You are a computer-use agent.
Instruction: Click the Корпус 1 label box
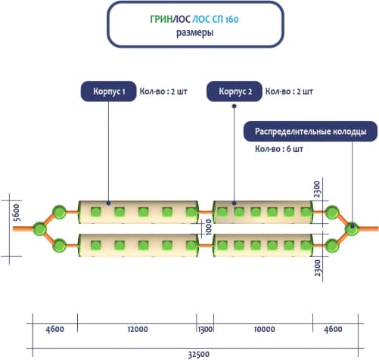click(x=108, y=92)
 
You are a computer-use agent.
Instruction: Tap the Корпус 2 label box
click(x=235, y=92)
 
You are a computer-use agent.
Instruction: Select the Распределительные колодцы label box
click(x=310, y=132)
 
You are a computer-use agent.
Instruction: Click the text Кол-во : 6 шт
click(x=279, y=149)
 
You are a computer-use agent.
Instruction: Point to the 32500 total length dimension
click(x=199, y=354)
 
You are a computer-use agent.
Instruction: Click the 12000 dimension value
click(x=138, y=329)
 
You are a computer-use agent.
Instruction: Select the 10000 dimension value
click(x=264, y=329)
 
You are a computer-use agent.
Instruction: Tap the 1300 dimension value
click(x=205, y=329)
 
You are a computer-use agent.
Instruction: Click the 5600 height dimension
click(x=17, y=213)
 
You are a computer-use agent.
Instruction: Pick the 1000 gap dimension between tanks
click(x=209, y=227)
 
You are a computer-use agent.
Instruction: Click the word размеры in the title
click(x=194, y=33)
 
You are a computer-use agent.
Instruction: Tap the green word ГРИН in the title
click(x=161, y=20)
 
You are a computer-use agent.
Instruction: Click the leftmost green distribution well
click(x=39, y=229)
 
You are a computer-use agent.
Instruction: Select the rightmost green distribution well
click(x=352, y=229)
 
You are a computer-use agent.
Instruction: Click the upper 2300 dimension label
click(x=317, y=189)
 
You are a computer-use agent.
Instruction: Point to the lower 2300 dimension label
click(x=318, y=268)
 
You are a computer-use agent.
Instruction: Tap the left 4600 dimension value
click(x=54, y=329)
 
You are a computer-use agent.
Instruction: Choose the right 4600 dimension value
click(x=333, y=329)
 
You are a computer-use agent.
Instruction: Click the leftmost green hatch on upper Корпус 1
click(x=96, y=212)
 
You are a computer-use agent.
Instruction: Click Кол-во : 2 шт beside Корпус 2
click(x=289, y=92)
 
